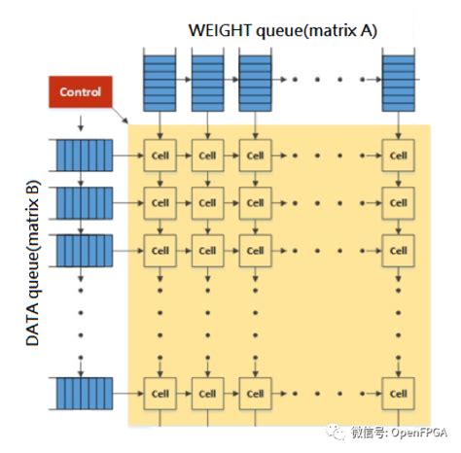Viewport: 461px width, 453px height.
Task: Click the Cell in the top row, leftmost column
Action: pyautogui.click(x=160, y=156)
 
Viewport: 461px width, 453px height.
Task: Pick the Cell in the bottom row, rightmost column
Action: pyautogui.click(x=397, y=393)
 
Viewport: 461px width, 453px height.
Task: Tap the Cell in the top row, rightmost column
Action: pyautogui.click(x=397, y=156)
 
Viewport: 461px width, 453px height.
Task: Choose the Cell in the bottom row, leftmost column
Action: pyautogui.click(x=160, y=393)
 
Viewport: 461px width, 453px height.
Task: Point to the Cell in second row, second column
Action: pyautogui.click(x=206, y=204)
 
